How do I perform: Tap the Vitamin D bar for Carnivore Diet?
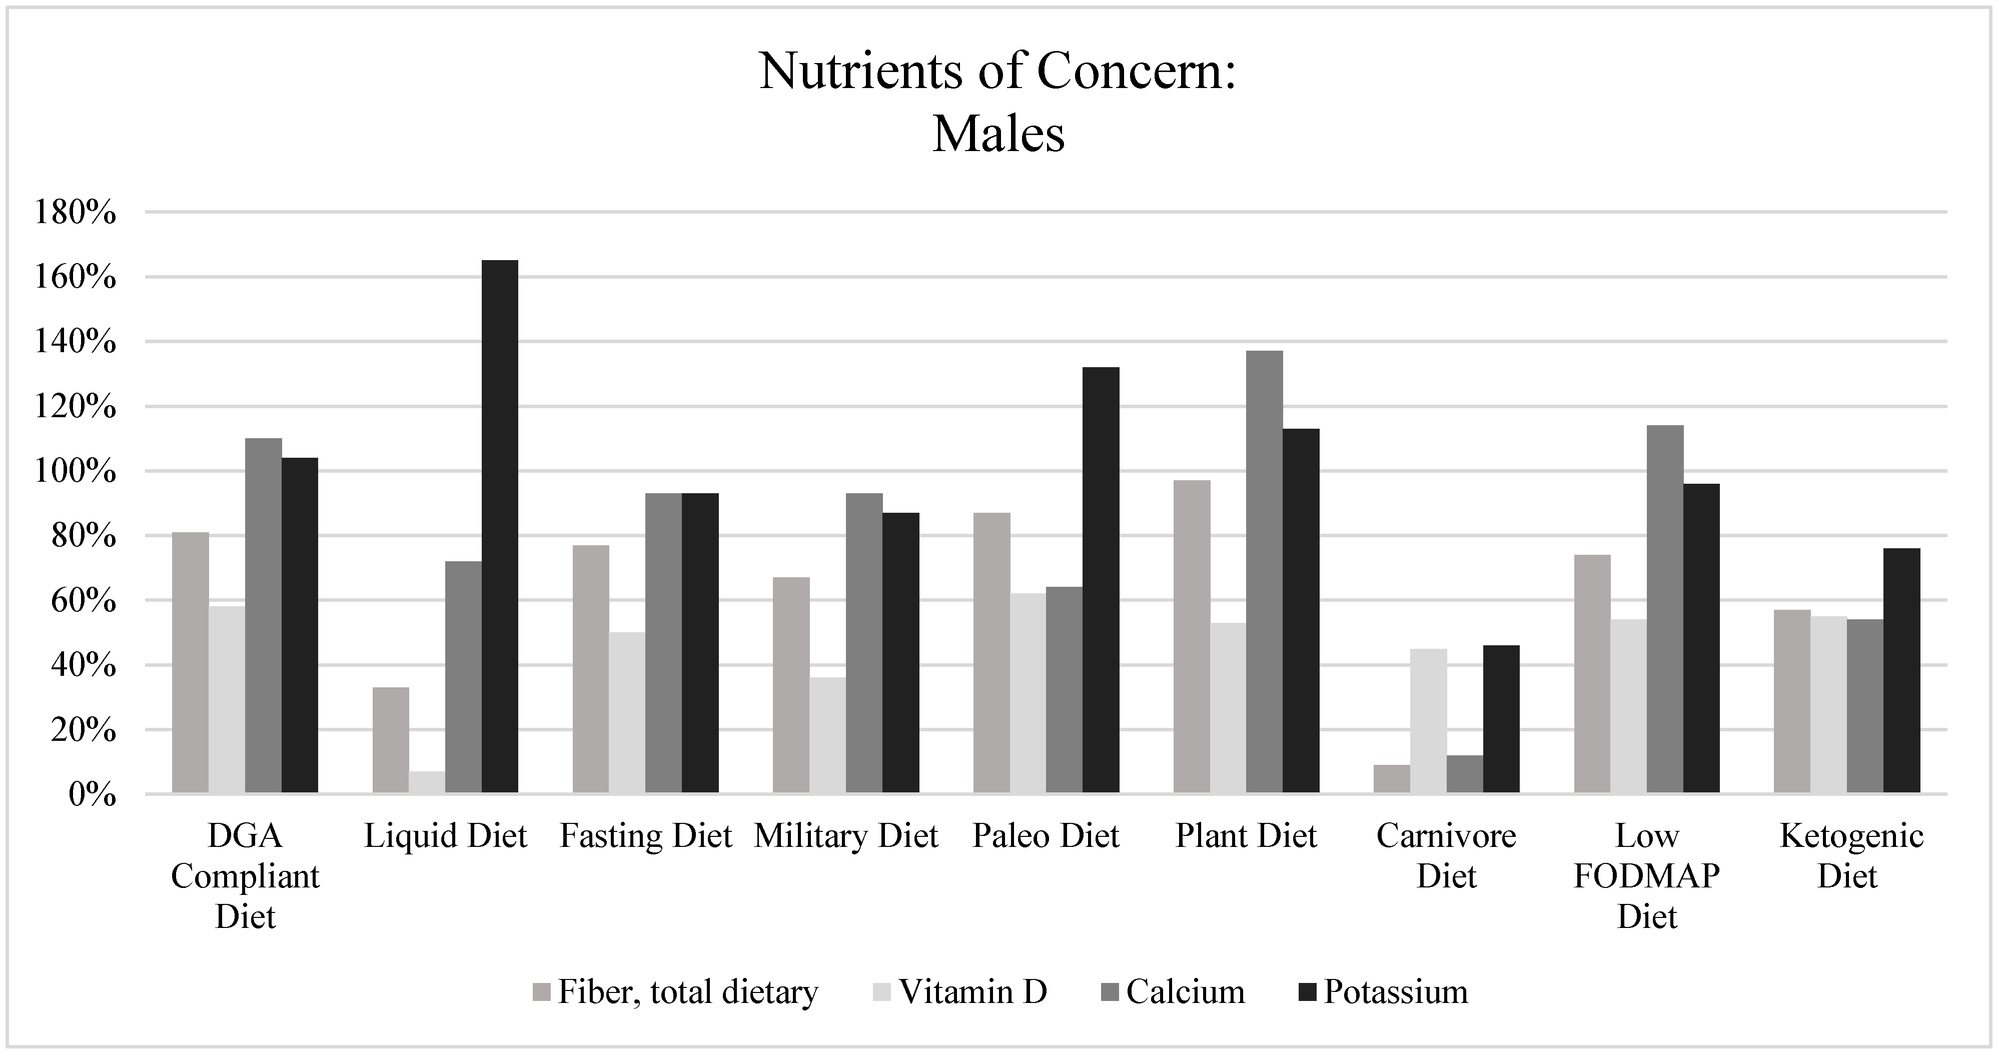pos(1428,721)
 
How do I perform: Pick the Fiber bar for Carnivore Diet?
pos(1391,778)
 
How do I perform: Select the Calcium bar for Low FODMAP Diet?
pos(1665,609)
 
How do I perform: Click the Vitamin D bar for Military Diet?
pos(827,735)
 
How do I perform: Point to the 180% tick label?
pos(75,213)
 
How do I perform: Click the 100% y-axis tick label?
pos(75,472)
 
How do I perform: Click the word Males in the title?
pos(998,134)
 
